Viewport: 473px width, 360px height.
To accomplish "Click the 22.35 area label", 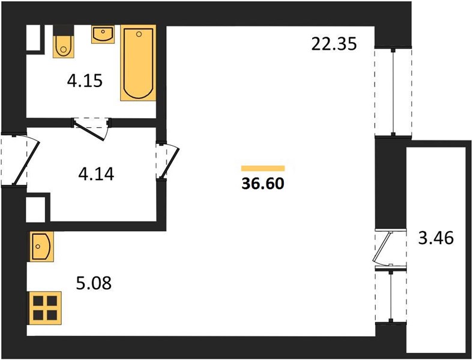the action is point(334,44).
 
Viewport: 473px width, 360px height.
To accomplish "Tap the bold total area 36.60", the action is point(263,184).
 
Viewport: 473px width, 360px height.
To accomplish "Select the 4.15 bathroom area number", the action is point(85,81).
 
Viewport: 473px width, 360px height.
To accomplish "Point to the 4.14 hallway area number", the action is point(96,174).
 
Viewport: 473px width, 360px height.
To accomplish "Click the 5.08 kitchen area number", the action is point(94,283).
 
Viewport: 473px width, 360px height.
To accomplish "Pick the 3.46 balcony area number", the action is point(436,238).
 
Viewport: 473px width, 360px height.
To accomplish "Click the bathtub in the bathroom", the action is point(139,63).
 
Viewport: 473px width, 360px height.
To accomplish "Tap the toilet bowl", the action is point(64,44).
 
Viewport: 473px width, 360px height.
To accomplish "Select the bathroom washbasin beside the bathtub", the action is point(103,34).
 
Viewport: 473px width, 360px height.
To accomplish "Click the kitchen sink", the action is point(41,247).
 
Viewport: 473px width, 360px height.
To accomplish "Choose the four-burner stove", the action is point(45,308).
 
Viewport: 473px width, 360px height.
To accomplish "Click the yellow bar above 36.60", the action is point(263,168).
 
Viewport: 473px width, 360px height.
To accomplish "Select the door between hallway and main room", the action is point(167,161).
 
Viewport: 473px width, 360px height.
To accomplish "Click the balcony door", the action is point(390,249).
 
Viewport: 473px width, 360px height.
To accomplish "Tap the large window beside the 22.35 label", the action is point(393,92).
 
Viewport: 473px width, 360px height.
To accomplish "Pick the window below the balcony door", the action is point(391,296).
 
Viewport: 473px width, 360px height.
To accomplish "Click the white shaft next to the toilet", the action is point(34,37).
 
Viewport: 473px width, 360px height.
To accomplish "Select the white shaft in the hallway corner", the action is point(35,210).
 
